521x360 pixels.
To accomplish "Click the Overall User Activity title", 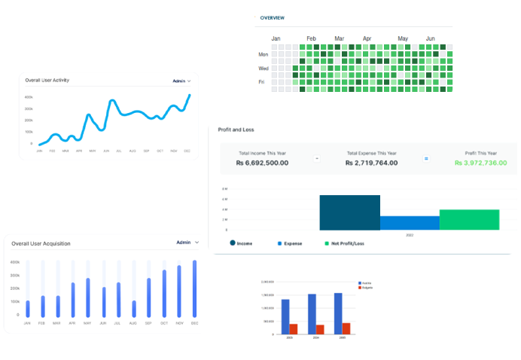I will pos(47,80).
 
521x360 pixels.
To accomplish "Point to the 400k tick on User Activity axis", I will pos(29,97).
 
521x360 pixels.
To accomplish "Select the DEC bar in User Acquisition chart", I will pos(194,289).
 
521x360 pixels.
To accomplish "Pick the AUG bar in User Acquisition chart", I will pos(134,309).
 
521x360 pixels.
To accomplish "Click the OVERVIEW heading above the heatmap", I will pos(272,17).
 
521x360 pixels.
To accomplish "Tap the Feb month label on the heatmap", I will pos(311,38).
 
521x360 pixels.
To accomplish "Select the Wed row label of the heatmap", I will pos(264,68).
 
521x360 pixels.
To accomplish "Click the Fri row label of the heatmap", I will pos(262,81).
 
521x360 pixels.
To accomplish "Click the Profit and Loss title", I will pos(236,130).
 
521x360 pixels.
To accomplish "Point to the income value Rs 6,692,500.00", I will pos(262,162).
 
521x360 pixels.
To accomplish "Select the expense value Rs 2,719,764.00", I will pos(371,162).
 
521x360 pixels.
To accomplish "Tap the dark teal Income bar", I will pos(349,212).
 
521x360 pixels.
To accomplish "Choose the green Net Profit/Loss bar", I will pos(469,219).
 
